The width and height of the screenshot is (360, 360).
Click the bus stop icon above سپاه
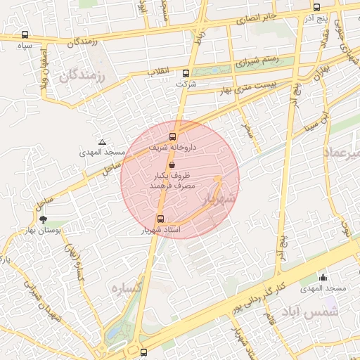[x=25, y=34]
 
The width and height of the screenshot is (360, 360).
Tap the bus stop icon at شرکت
[x=186, y=73]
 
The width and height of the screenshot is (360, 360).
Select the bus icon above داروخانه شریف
[x=173, y=137]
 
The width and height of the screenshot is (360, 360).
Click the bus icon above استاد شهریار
[x=161, y=219]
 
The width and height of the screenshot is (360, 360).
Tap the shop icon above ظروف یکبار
[x=173, y=164]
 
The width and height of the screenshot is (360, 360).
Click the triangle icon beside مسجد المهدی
[x=103, y=142]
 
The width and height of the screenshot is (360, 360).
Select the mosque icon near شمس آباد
[x=323, y=278]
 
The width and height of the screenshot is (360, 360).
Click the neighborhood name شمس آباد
[x=310, y=311]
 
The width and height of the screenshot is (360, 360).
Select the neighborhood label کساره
[x=131, y=288]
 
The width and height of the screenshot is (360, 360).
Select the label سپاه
[x=25, y=45]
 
